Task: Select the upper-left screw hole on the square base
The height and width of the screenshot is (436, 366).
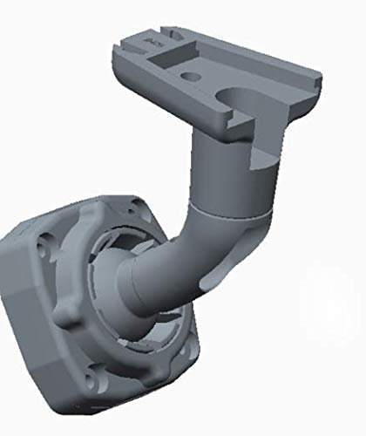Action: pos(44,247)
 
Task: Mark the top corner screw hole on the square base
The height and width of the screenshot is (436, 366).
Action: pos(137,206)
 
